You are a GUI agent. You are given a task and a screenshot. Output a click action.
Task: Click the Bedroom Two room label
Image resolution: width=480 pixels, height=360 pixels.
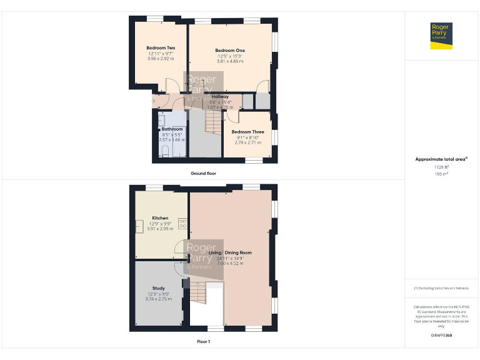[x=161, y=48]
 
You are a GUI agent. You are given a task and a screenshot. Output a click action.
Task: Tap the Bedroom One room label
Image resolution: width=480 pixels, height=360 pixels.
[x=230, y=51]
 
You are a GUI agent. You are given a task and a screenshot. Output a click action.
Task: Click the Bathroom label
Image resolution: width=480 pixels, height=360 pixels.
[x=172, y=129]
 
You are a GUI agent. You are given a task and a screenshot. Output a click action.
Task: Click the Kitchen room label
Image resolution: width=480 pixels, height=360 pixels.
[x=161, y=218]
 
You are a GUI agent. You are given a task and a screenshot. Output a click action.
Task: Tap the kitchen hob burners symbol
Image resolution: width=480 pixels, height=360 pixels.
[x=183, y=222]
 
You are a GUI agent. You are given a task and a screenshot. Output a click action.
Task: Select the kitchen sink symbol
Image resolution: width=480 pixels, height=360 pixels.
[x=139, y=226]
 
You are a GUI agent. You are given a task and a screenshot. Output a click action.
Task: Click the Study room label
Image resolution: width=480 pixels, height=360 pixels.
[x=158, y=289]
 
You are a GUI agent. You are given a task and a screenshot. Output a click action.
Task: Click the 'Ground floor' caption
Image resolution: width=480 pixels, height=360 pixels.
[x=203, y=173]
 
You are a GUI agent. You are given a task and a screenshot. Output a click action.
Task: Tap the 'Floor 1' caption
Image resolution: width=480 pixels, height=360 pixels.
[x=203, y=342]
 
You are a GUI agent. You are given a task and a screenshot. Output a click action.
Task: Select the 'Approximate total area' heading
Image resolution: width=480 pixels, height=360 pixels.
[x=441, y=159]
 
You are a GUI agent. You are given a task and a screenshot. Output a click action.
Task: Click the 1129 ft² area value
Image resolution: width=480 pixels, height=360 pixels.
[x=441, y=167]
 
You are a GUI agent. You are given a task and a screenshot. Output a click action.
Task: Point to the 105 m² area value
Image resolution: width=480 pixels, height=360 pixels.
[x=441, y=174]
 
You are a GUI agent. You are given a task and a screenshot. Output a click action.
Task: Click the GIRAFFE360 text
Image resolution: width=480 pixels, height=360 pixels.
[x=441, y=336]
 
